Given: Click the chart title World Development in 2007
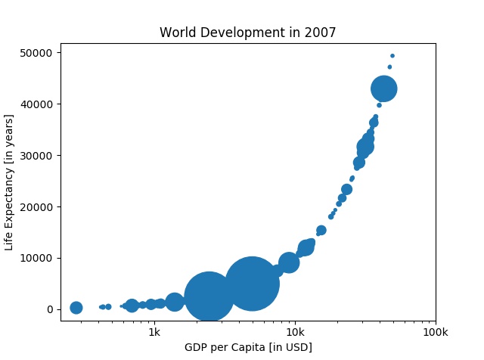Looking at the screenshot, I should (247, 33).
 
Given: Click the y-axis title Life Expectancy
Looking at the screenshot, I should (9, 182).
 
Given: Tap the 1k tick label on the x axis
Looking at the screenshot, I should (154, 332).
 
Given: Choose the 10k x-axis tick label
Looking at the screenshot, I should (295, 332).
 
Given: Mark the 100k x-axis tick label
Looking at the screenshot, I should (435, 332).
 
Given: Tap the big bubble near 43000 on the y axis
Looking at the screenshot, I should (384, 88).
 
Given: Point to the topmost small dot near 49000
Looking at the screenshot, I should (392, 56).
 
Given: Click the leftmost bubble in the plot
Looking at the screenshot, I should (76, 308).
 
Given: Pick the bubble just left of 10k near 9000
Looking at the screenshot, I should (288, 262).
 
